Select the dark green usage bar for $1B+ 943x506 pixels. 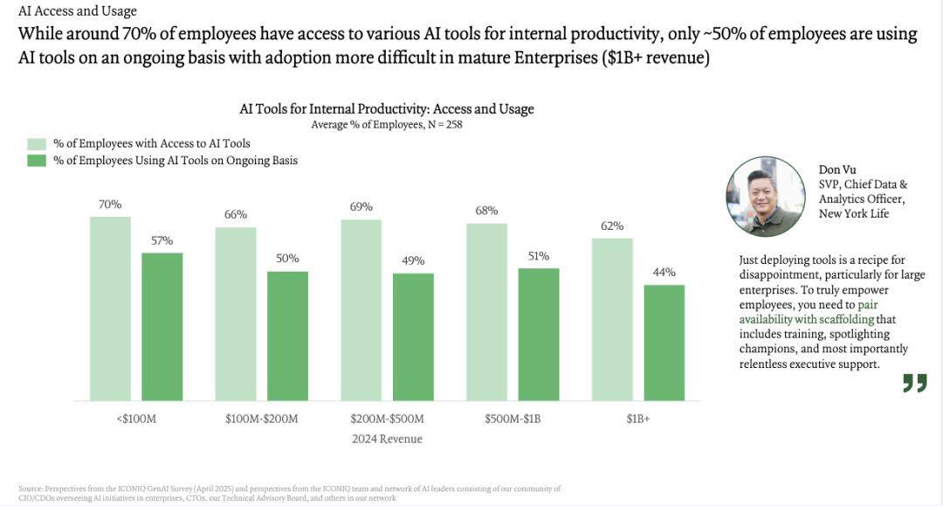point(664,342)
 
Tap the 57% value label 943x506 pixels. point(162,240)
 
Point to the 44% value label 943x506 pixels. point(664,272)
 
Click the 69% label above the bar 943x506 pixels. point(361,207)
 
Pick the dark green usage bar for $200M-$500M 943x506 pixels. point(413,336)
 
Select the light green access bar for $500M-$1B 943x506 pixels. point(486,311)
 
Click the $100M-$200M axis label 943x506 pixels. point(261,419)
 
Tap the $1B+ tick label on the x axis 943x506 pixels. point(637,419)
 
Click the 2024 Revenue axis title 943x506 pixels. point(387,439)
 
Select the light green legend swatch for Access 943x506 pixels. point(36,143)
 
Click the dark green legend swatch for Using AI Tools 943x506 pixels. point(36,161)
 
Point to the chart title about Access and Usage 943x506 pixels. point(387,109)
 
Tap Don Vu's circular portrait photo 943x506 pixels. point(766,197)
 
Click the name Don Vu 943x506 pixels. point(837,170)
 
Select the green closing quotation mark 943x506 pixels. point(914,383)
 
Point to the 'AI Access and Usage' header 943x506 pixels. point(77,11)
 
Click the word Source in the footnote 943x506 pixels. point(30,488)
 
